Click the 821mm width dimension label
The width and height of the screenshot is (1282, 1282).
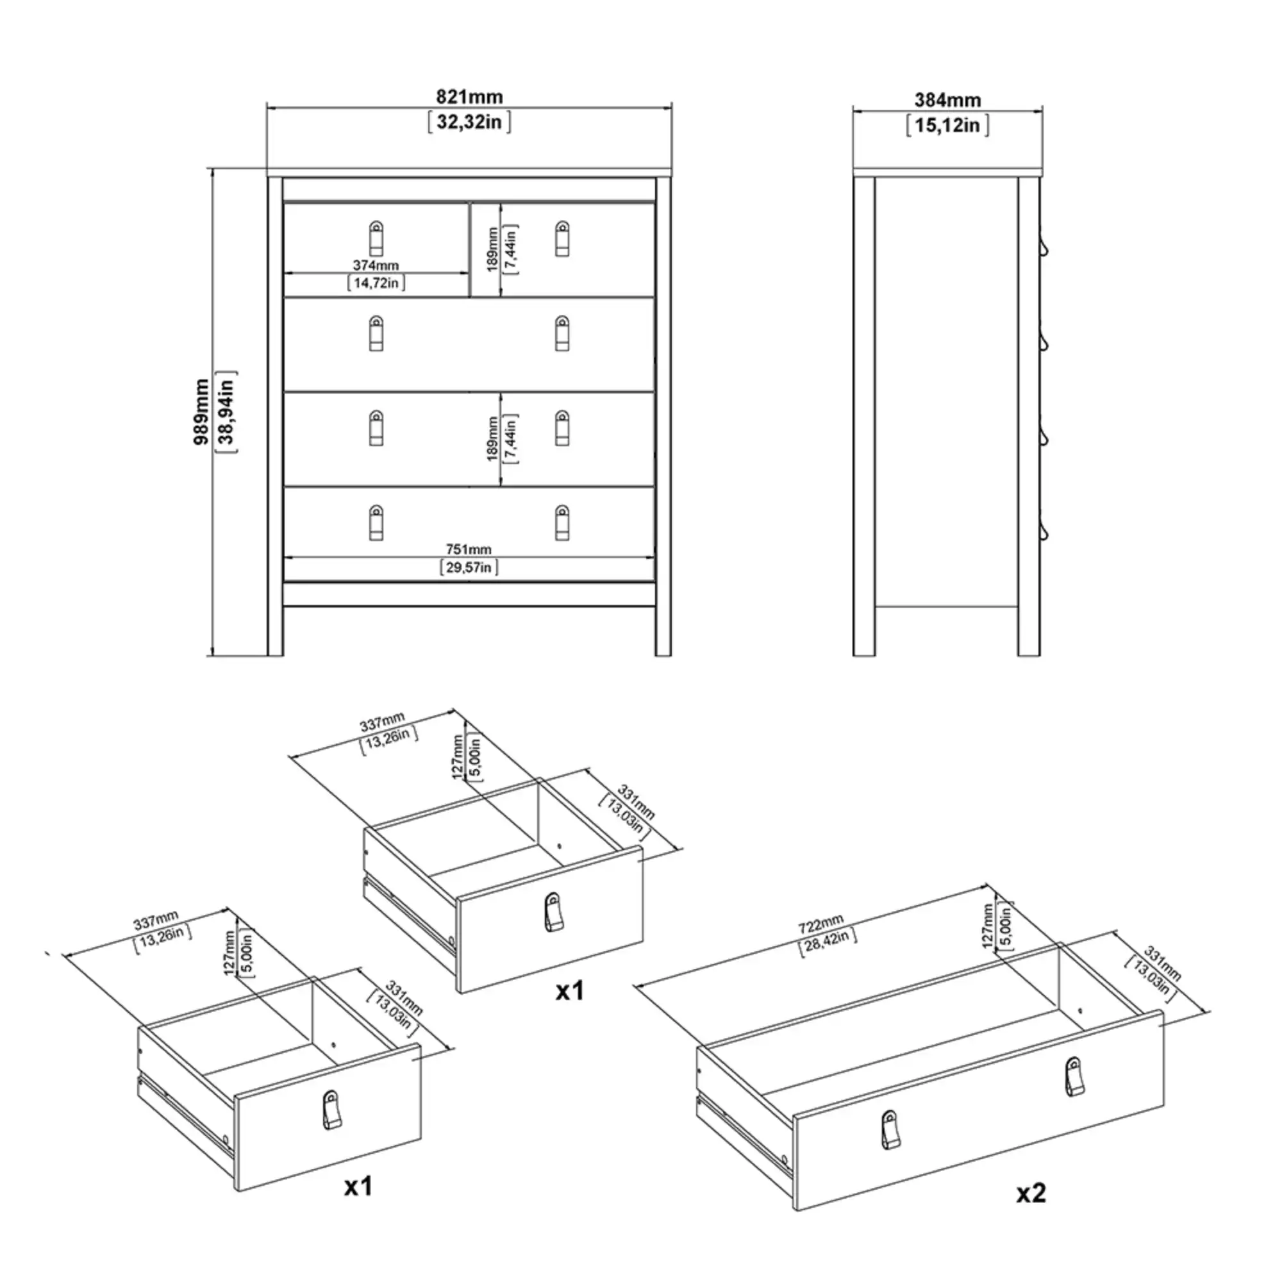pyautogui.click(x=469, y=97)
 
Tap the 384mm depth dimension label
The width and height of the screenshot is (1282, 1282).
pyautogui.click(x=947, y=100)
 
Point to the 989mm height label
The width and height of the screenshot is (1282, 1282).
pyautogui.click(x=202, y=412)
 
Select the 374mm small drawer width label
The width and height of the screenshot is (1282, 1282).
pyautogui.click(x=376, y=265)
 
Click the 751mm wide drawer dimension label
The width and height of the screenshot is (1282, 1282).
pyautogui.click(x=469, y=549)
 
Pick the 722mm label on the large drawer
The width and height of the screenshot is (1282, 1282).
pyautogui.click(x=820, y=923)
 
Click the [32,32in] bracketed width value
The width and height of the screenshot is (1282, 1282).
pyautogui.click(x=469, y=122)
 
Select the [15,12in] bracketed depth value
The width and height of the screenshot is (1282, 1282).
pyautogui.click(x=947, y=126)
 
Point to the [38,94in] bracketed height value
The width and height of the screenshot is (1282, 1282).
pyautogui.click(x=226, y=412)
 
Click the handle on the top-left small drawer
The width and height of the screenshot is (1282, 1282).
pyautogui.click(x=376, y=238)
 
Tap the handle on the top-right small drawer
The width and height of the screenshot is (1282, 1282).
pyautogui.click(x=562, y=238)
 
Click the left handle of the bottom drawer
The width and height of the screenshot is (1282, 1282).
pyautogui.click(x=376, y=522)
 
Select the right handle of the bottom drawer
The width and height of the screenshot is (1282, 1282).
pyautogui.click(x=562, y=522)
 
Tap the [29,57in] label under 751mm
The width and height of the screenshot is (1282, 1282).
pyautogui.click(x=469, y=567)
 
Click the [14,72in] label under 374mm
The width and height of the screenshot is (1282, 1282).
pyautogui.click(x=376, y=283)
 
